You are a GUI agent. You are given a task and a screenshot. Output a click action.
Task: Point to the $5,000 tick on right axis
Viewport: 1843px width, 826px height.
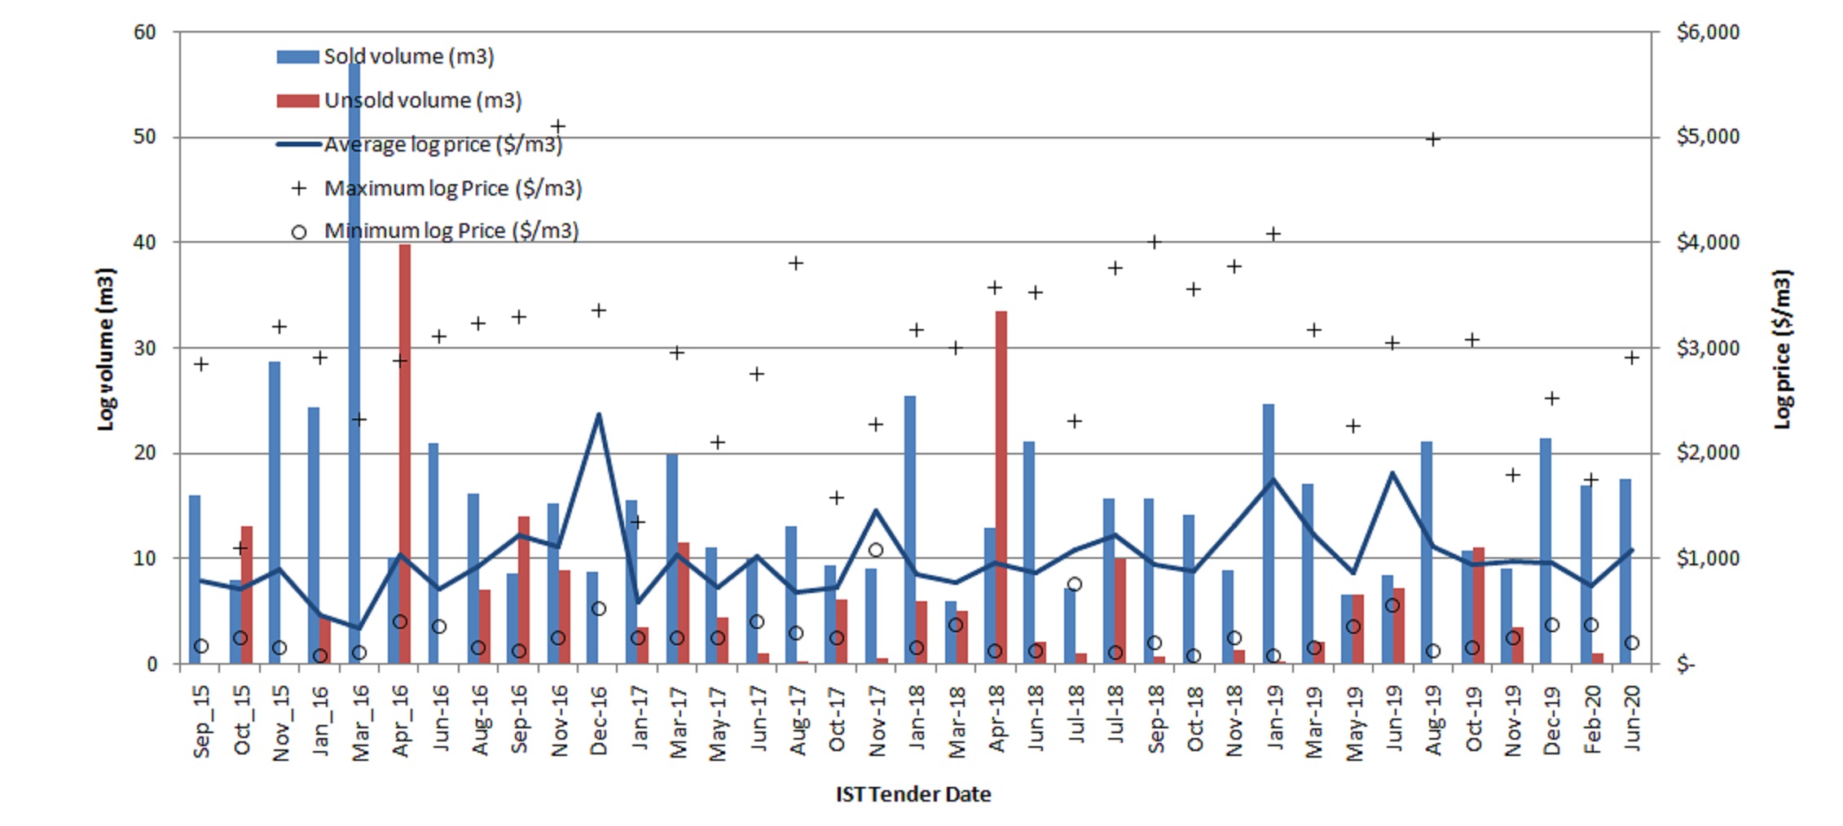point(1707,137)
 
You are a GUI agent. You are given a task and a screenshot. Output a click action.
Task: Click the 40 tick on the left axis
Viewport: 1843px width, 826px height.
point(145,243)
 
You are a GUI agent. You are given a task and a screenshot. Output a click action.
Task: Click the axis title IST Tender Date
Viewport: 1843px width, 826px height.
point(913,794)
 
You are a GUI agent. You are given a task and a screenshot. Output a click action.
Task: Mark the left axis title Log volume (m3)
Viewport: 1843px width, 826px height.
point(106,349)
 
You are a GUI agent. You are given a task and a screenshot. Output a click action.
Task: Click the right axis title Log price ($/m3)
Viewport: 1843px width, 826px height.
point(1783,349)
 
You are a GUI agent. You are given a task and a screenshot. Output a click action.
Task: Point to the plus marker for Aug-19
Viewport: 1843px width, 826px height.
point(1433,139)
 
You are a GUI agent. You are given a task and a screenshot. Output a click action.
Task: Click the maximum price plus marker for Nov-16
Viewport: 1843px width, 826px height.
point(558,127)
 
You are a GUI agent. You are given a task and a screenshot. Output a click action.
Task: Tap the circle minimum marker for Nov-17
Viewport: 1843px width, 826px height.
point(876,550)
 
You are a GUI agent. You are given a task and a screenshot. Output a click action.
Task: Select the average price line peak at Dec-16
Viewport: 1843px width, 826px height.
point(599,415)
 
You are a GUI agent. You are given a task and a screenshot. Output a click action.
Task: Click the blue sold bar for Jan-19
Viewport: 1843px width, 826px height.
point(1269,534)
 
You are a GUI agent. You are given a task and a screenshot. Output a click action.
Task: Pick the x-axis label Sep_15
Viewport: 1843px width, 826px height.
point(201,721)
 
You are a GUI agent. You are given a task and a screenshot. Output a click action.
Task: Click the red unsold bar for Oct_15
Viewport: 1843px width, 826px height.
point(247,595)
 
